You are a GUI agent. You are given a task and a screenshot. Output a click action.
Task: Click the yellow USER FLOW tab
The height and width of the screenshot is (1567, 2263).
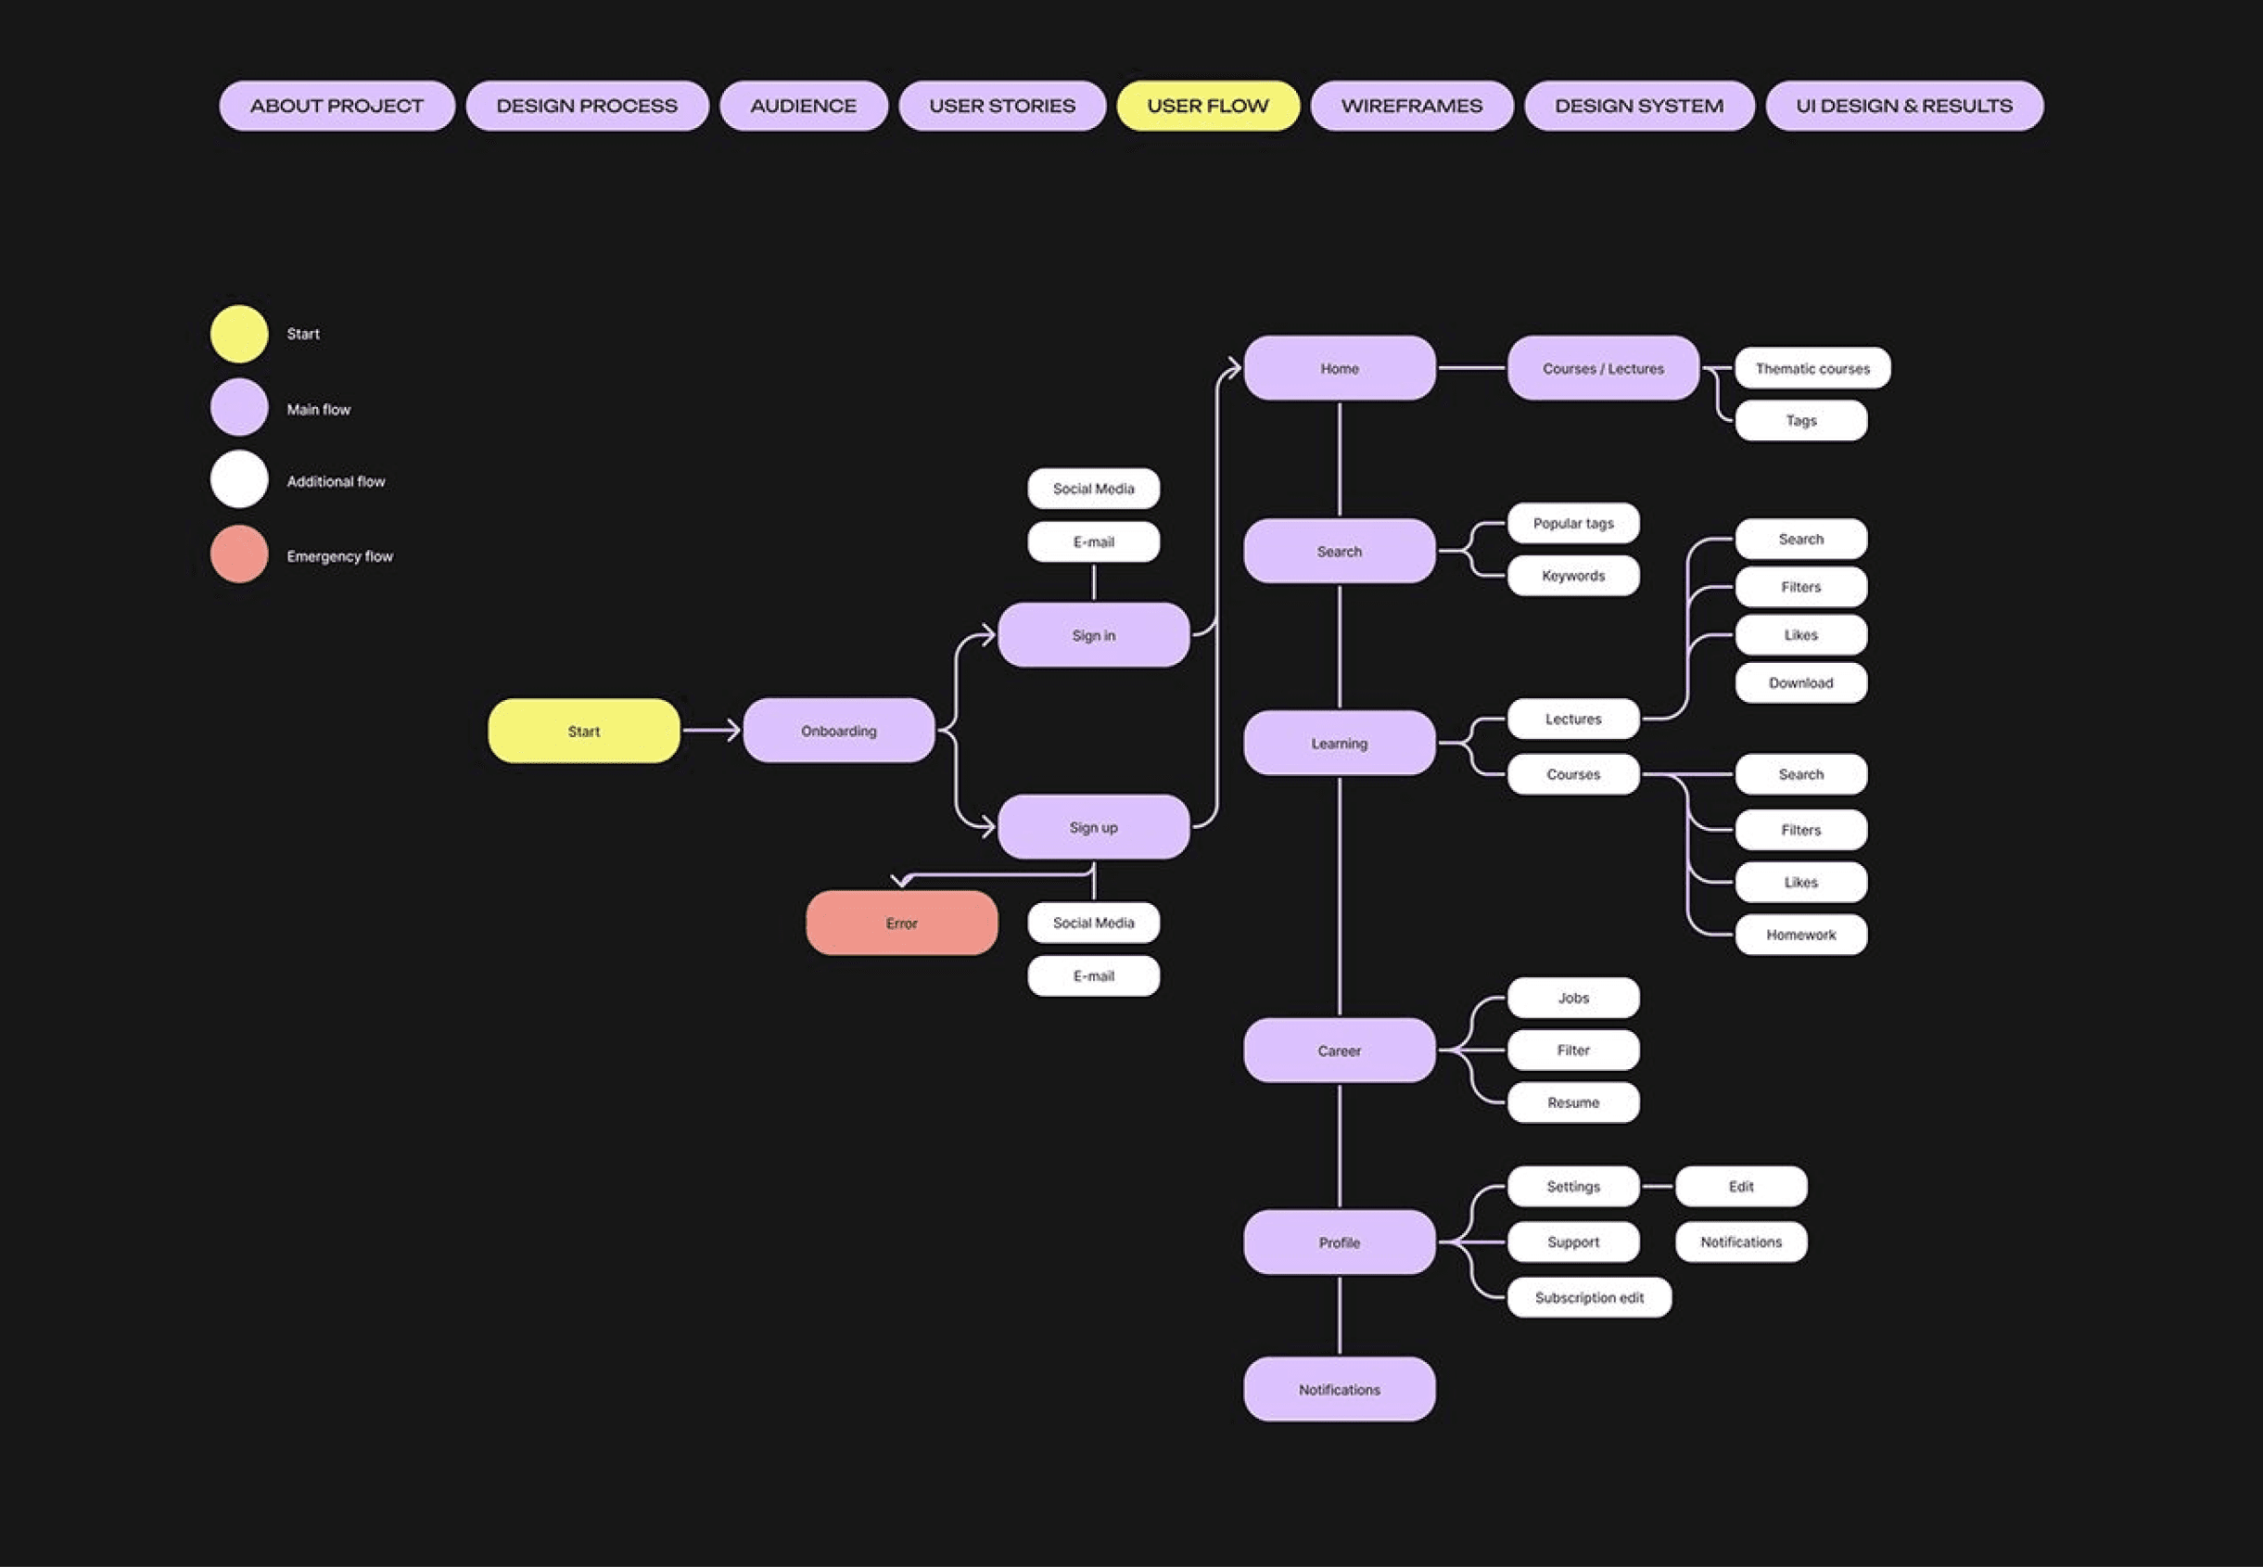tap(1208, 106)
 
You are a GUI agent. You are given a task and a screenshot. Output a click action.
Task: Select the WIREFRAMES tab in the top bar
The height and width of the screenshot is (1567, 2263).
tap(1411, 106)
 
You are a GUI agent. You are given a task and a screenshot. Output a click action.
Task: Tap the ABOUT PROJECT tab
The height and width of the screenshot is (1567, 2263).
tap(337, 106)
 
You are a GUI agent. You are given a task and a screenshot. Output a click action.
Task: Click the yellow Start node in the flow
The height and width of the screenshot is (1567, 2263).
tap(583, 732)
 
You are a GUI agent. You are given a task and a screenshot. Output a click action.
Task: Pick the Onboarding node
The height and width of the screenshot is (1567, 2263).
tap(838, 732)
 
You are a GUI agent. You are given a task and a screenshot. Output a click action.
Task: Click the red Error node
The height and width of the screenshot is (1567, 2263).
tap(901, 923)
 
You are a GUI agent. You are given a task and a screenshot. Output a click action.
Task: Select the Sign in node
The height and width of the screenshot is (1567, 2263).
tap(1093, 635)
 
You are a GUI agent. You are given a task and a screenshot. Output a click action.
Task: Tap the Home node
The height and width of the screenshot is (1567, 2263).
tap(1339, 368)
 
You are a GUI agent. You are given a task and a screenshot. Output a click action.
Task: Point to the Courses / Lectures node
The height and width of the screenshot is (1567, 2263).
tap(1602, 368)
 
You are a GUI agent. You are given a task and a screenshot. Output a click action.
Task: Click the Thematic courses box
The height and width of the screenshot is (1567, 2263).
tap(1812, 368)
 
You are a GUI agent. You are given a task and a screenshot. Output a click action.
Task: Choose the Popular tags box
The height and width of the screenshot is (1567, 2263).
tap(1573, 523)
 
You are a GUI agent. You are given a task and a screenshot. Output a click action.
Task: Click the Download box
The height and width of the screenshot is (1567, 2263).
tap(1800, 682)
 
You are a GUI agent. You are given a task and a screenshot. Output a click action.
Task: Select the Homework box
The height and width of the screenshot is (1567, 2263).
tap(1800, 935)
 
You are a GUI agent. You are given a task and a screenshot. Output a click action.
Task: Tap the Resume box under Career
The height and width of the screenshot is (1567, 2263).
tap(1573, 1102)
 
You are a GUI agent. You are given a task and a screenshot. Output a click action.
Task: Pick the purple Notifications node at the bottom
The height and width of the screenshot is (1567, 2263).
tap(1339, 1389)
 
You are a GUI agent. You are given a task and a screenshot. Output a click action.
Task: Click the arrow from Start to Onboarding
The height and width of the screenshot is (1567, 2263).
tap(711, 731)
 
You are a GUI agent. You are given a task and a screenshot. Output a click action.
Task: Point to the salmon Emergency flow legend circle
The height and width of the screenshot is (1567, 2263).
tap(238, 554)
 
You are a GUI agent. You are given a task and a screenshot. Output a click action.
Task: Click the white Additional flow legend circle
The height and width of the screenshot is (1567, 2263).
tap(238, 480)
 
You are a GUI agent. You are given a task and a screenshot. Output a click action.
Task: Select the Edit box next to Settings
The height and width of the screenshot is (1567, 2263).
tap(1741, 1186)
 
